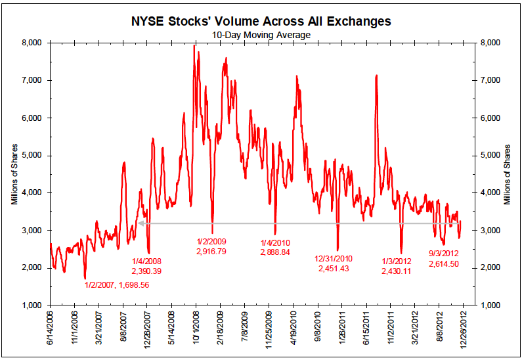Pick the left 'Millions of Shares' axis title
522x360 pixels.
[14, 174]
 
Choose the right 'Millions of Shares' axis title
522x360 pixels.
[507, 174]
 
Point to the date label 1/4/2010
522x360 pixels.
[276, 242]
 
